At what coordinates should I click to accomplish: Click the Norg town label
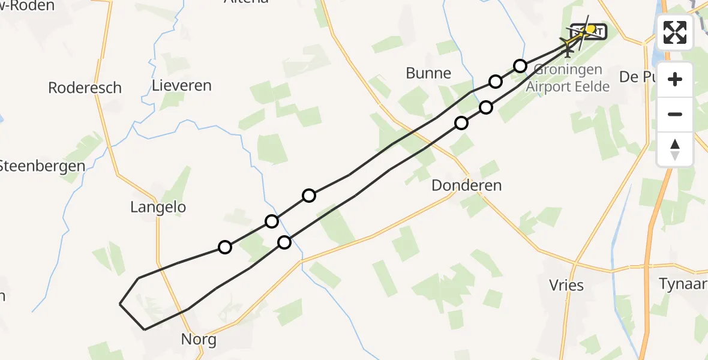coord(199,340)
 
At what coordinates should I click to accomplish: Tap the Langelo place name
coord(158,208)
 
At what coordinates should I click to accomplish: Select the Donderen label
coord(466,185)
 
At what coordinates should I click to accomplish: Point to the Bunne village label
coord(428,73)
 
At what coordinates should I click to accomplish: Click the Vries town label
coord(566,285)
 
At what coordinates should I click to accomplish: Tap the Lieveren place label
coord(182,85)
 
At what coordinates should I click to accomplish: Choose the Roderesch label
coord(85,88)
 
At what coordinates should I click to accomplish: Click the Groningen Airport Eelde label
coord(568,78)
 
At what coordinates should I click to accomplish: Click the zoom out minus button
coord(675,115)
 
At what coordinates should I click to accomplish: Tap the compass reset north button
coord(675,149)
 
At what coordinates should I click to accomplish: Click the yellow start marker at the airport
coord(591,29)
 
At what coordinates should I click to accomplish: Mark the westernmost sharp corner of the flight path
coord(120,304)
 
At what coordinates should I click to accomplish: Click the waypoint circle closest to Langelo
coord(225,247)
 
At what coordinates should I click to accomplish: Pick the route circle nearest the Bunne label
coord(495,81)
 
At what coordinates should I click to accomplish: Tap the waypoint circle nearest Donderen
coord(461,123)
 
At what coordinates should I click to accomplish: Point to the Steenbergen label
coord(41,166)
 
